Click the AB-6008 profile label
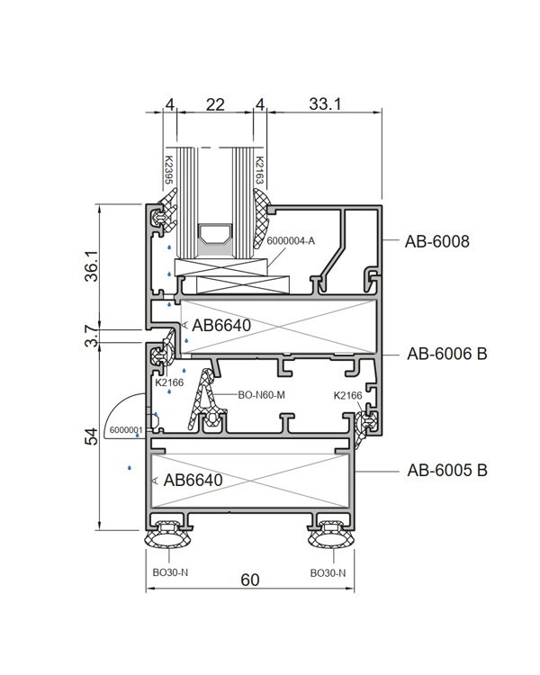point(436,241)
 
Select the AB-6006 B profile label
point(447,354)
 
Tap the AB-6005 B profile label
point(447,470)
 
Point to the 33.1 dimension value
point(325,103)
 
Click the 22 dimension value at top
point(215,104)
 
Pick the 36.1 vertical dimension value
point(91,266)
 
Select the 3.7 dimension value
point(91,337)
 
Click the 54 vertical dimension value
point(91,436)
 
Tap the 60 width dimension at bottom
point(250,580)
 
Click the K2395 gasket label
point(169,170)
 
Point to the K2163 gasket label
point(260,170)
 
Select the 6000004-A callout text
point(291,240)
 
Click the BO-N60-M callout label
point(261,395)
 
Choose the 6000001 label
point(126,430)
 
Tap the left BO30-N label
point(170,572)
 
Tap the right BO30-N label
point(328,573)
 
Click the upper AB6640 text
point(221,326)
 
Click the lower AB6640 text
point(193,480)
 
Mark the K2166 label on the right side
point(348,396)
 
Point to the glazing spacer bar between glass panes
point(215,234)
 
